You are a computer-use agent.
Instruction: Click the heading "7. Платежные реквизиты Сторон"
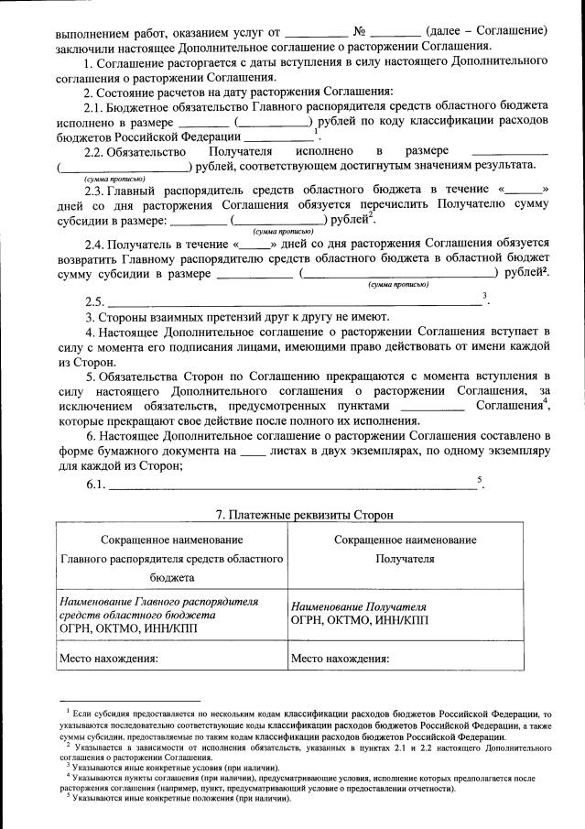[291, 515]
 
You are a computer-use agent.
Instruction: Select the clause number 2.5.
[93, 302]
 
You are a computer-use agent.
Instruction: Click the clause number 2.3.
[93, 191]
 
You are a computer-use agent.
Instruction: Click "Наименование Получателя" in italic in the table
[359, 606]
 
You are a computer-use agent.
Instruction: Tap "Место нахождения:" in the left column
[109, 658]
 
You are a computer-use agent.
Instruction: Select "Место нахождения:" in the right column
[341, 658]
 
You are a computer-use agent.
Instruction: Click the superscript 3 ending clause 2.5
[483, 295]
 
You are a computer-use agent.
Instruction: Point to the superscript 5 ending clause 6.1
[479, 478]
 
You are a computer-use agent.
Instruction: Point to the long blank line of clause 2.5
[293, 303]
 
